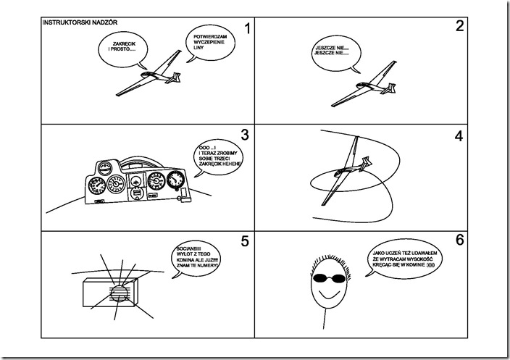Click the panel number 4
(x=458, y=135)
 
